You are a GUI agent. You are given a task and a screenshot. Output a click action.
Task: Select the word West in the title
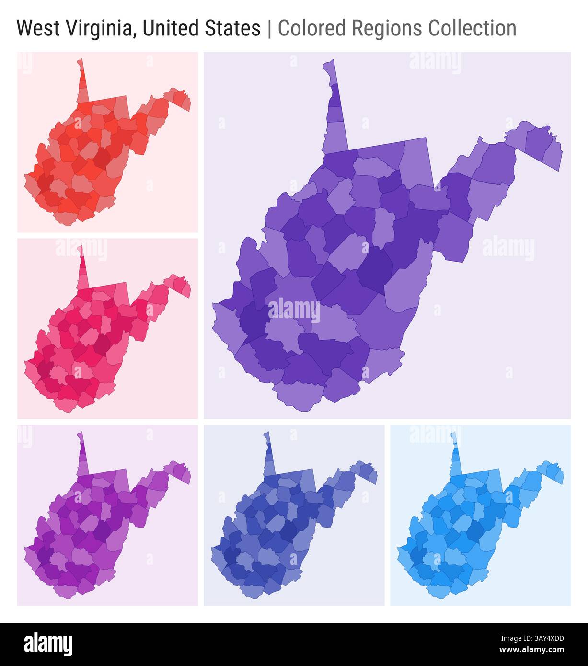[x=38, y=28]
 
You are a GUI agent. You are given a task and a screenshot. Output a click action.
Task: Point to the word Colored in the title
[x=311, y=28]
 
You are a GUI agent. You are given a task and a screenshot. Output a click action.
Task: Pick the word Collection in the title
[x=473, y=28]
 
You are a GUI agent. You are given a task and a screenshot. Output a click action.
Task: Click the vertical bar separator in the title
[x=269, y=28]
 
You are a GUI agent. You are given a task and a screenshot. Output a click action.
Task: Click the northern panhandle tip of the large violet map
[x=329, y=67]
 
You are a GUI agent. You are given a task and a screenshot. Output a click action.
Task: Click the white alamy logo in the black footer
[x=48, y=643]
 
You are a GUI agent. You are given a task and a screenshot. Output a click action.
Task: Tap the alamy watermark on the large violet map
[x=294, y=310]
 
